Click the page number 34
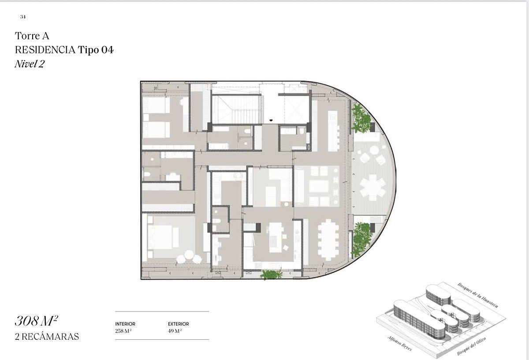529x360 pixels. click(23, 17)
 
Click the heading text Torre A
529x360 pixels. click(32, 36)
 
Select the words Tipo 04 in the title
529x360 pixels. click(96, 50)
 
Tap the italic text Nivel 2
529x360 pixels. click(30, 64)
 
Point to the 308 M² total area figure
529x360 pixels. click(36, 321)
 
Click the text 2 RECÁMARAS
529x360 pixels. click(47, 337)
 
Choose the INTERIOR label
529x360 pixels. click(125, 324)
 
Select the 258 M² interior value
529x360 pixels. click(123, 331)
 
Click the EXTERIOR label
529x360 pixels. click(178, 324)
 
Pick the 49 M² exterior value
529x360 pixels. click(175, 331)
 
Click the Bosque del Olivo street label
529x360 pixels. click(471, 346)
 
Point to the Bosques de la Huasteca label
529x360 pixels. click(478, 295)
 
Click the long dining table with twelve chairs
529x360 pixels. click(328, 240)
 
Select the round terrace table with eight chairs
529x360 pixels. click(373, 187)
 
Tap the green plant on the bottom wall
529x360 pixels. click(272, 275)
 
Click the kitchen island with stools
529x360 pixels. click(276, 238)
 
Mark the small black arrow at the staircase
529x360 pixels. click(271, 120)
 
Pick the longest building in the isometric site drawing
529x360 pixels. click(419, 319)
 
